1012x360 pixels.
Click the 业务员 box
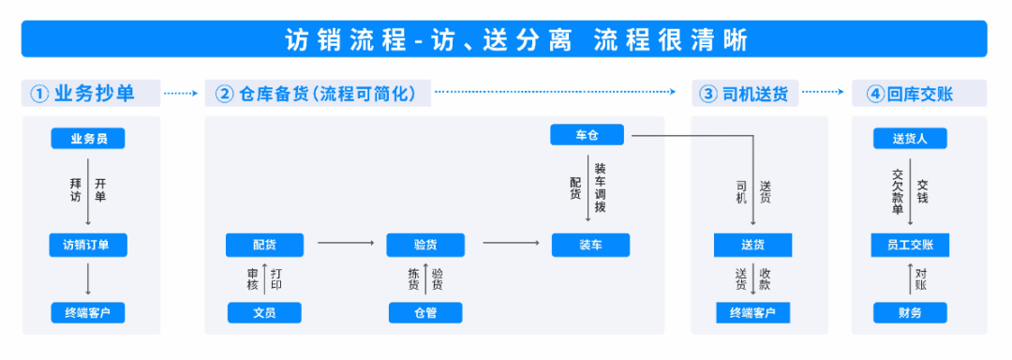point(88,139)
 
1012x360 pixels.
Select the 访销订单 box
point(88,245)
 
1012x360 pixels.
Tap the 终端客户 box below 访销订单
point(88,312)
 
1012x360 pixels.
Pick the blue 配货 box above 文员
point(264,245)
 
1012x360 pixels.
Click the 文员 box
point(264,312)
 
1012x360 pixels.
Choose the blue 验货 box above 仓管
point(425,245)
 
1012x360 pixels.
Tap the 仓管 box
point(425,312)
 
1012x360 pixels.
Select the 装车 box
point(590,245)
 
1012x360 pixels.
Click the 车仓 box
point(587,136)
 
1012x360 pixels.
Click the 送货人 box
point(910,139)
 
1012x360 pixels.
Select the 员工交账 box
point(910,245)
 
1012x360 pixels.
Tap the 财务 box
point(910,312)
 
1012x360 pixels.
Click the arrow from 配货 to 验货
point(345,244)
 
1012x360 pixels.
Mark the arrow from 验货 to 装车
point(511,244)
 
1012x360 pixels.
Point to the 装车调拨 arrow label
point(600,187)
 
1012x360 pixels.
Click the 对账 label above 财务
point(921,278)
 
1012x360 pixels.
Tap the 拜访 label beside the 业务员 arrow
point(76,189)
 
